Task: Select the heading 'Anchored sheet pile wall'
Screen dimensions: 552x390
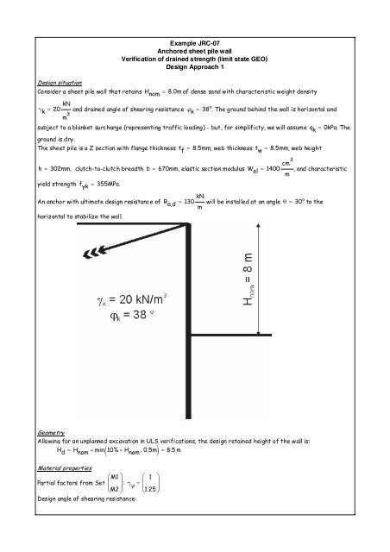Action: pos(195,49)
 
